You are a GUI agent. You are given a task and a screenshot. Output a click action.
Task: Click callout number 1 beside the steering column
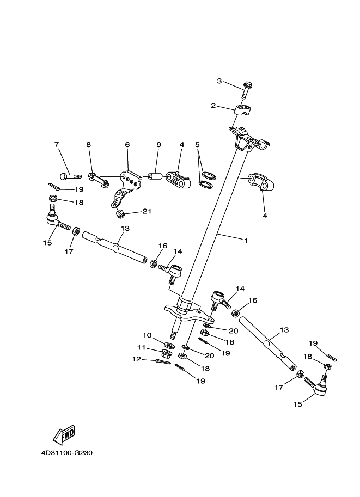[x=246, y=240]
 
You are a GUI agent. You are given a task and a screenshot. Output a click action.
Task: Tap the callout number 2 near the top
[x=214, y=106]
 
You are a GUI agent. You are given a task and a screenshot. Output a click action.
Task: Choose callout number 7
[x=56, y=145]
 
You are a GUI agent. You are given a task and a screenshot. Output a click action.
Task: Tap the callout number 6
[x=127, y=145]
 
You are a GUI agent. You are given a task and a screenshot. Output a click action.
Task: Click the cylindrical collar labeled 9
[x=154, y=177]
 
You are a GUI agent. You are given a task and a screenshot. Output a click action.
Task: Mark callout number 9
[x=159, y=145]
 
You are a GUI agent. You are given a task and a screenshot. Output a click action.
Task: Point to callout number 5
[x=198, y=145]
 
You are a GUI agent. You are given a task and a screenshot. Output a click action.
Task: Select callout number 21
[x=147, y=212]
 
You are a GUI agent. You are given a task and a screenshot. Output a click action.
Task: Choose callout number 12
[x=136, y=359]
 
